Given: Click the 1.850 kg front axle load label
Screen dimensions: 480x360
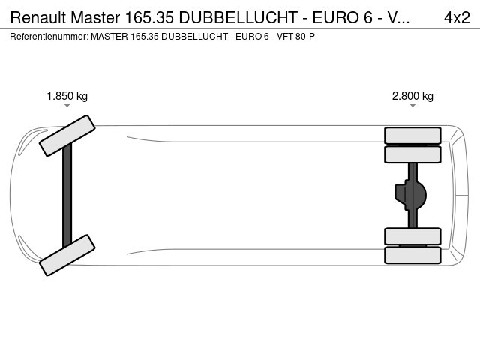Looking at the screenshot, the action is coord(67,96).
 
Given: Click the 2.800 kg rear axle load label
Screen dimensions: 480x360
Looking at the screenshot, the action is coord(412,96).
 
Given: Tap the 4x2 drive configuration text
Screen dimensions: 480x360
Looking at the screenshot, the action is coord(457,17).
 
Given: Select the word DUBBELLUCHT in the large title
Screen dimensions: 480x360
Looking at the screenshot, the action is coord(238,17).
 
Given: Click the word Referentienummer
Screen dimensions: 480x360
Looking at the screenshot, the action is coord(49,37).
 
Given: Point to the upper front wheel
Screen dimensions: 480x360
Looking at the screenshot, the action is coord(67,136).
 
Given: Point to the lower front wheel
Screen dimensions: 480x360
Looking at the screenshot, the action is coord(67,255).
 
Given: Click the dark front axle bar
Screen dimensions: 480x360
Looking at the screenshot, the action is coord(67,195).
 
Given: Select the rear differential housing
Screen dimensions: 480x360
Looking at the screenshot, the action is coord(410,195).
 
